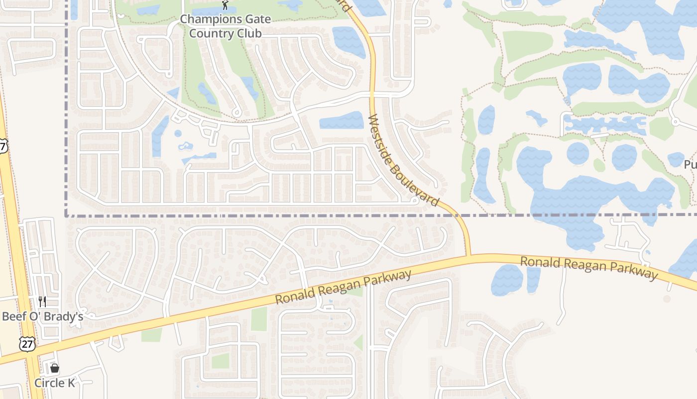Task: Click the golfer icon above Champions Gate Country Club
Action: [x=225, y=5]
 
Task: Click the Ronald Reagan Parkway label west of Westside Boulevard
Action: [x=344, y=287]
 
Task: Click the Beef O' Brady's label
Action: [x=42, y=316]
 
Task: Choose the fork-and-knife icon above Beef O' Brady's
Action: [x=42, y=301]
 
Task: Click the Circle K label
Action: [x=54, y=383]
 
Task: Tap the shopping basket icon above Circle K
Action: [x=54, y=368]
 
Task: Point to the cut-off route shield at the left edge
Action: [x=3, y=146]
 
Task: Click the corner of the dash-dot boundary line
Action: [x=66, y=215]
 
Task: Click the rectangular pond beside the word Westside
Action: [x=342, y=120]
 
